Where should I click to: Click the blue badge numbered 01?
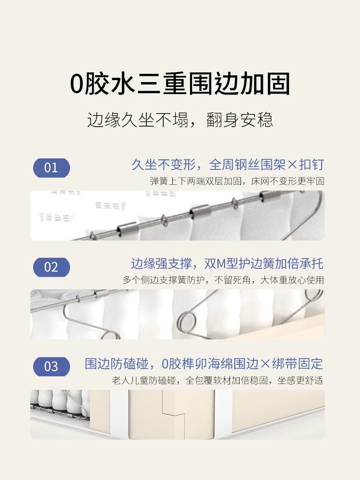[x=51, y=168]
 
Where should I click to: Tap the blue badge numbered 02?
[x=51, y=267]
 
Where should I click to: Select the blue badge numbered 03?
[x=51, y=366]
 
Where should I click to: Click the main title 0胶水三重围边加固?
[x=180, y=84]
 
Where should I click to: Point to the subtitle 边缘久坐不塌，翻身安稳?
[x=180, y=120]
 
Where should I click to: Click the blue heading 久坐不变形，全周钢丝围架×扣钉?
[x=228, y=164]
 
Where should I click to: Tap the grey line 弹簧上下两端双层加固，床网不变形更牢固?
[x=237, y=181]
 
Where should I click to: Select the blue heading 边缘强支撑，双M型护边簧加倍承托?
[x=227, y=264]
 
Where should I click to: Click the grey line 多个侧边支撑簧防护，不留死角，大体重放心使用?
[x=223, y=280]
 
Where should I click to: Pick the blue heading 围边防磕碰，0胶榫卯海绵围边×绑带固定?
[x=204, y=364]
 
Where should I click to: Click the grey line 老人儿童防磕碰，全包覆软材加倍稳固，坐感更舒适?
[x=217, y=381]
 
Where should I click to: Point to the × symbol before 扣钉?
[x=293, y=165]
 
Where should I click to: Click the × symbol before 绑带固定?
[x=265, y=364]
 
